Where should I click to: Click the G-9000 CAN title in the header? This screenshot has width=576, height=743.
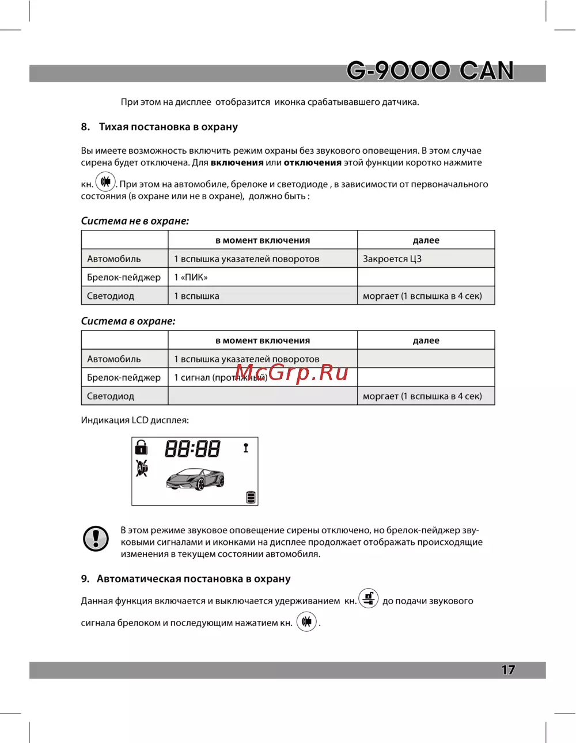430,71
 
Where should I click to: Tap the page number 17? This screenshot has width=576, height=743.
507,670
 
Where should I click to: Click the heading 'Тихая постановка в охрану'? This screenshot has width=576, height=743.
168,127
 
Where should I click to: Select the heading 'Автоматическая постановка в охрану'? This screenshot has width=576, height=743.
194,579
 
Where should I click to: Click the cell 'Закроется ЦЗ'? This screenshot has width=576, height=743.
392,259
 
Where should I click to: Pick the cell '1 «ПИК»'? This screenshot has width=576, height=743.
191,277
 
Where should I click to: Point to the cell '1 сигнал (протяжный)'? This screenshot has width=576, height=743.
221,378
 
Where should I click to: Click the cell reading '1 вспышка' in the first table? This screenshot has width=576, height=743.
196,296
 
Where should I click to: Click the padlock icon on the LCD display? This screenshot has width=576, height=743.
141,447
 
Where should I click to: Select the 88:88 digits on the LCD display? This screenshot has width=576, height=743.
192,449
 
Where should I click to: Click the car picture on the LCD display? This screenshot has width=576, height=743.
195,479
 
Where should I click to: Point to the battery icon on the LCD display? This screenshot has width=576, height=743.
251,497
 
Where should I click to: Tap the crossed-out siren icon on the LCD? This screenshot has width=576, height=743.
142,468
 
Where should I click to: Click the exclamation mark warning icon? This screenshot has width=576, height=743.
96,539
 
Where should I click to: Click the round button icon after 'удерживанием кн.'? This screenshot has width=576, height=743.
369,598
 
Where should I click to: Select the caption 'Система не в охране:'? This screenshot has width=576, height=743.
135,221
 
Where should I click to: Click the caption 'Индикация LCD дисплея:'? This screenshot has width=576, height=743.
135,420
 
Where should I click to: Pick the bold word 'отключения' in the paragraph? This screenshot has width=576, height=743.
313,162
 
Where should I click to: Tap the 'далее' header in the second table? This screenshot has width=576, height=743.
426,340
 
